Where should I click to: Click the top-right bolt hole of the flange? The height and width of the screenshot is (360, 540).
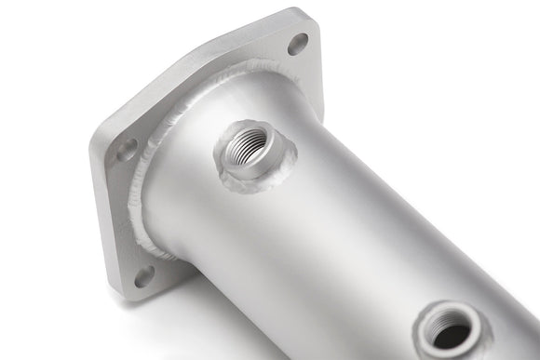[x=298, y=43]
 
